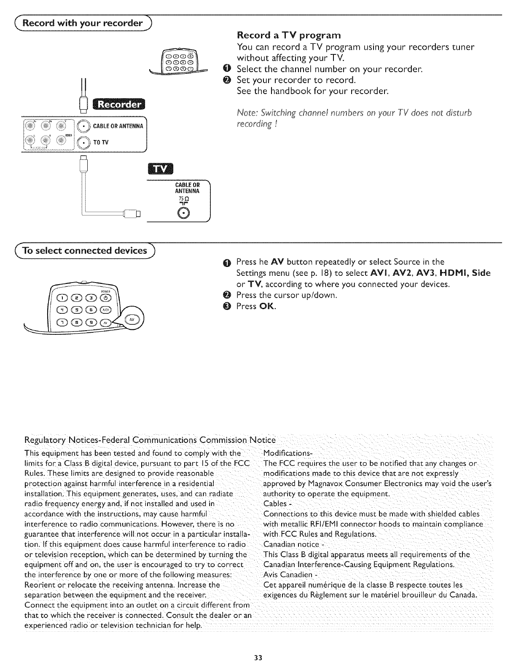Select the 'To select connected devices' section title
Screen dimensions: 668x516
(x=79, y=251)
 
